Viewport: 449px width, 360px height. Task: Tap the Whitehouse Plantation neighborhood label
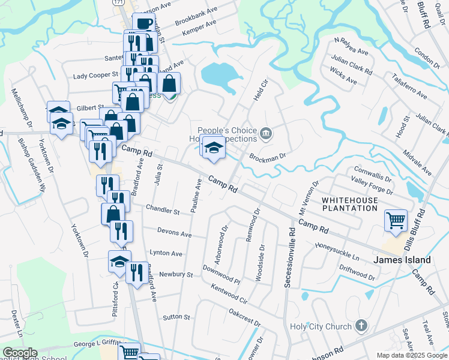pos(350,204)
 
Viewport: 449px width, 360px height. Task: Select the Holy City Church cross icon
pos(360,326)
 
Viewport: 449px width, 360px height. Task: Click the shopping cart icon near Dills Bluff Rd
pos(396,221)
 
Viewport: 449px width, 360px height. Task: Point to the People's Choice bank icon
pos(265,133)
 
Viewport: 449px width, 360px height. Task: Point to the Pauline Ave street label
pos(196,193)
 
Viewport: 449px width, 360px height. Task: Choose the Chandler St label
pos(163,212)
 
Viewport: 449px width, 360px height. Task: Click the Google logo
pos(20,353)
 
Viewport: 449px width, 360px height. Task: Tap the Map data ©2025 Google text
pos(412,355)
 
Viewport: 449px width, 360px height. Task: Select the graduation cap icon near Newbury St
pos(119,260)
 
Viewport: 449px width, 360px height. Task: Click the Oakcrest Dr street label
pos(245,318)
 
